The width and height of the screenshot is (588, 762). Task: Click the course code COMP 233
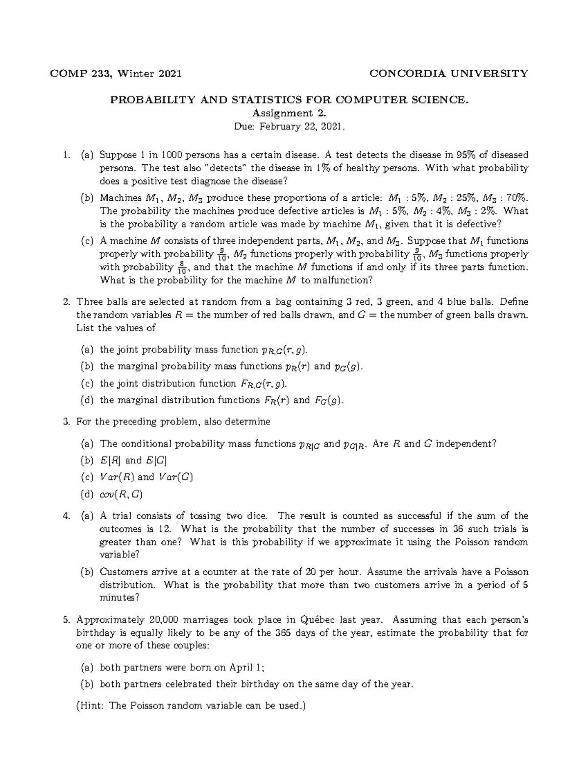[x=81, y=74]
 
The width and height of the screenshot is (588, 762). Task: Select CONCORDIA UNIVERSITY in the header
[x=448, y=74]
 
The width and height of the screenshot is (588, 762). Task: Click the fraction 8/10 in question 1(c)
[x=181, y=267]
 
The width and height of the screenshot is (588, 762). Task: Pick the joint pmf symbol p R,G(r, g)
[x=284, y=350]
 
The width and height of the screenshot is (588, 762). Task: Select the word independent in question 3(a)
[x=466, y=444]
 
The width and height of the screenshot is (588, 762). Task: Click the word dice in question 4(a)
[x=257, y=516]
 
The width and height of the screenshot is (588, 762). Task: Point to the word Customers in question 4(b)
[x=120, y=572]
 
